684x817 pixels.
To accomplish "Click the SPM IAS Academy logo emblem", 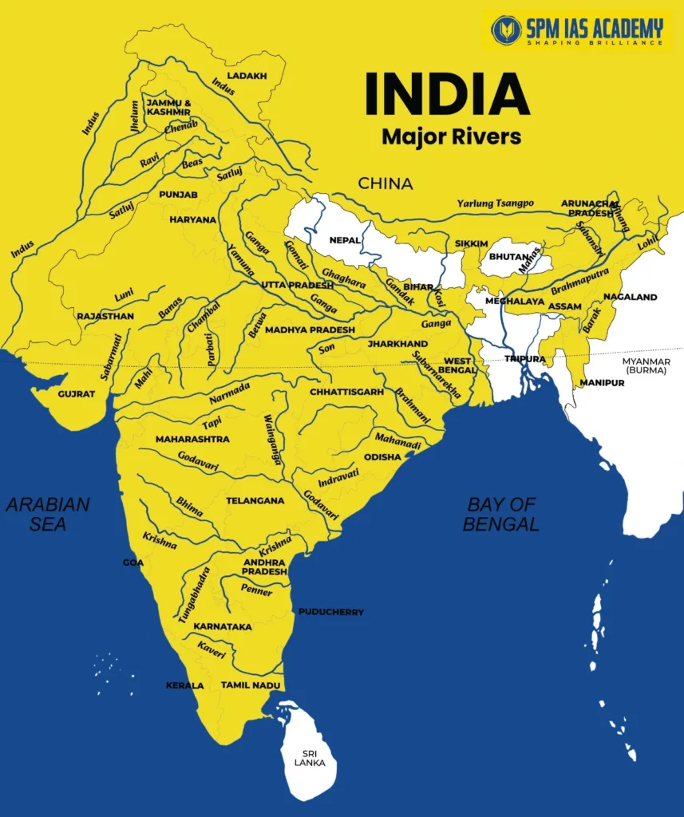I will pyautogui.click(x=506, y=30).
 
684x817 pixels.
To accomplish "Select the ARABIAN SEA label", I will pyautogui.click(x=48, y=514).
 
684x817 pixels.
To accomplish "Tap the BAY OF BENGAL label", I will pyautogui.click(x=502, y=514).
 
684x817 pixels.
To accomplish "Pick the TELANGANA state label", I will pyautogui.click(x=255, y=501).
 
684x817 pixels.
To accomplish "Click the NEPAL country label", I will pyautogui.click(x=345, y=239).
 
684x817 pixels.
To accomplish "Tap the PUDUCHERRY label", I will pyautogui.click(x=331, y=612).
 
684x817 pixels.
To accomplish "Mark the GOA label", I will pyautogui.click(x=133, y=562).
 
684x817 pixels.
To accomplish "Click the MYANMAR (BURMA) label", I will pyautogui.click(x=646, y=366).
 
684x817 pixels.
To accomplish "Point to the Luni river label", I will pyautogui.click(x=125, y=296).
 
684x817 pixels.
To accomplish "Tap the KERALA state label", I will pyautogui.click(x=185, y=685).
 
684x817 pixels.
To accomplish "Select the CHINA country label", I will pyautogui.click(x=385, y=184).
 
